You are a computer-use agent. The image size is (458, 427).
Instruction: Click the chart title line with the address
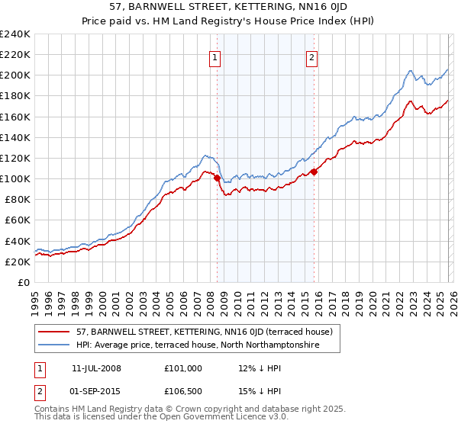pos(228,8)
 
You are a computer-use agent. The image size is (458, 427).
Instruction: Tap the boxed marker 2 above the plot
pos(313,57)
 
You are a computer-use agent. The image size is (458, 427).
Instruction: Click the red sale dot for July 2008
pos(217,178)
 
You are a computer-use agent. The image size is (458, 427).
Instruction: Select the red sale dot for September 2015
pos(314,172)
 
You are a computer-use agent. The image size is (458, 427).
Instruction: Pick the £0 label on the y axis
pos(23,282)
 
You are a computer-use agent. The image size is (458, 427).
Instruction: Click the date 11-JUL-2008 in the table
pos(96,368)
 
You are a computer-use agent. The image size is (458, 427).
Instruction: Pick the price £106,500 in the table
pos(183,390)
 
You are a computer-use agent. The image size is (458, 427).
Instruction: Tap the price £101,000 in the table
pos(183,368)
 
